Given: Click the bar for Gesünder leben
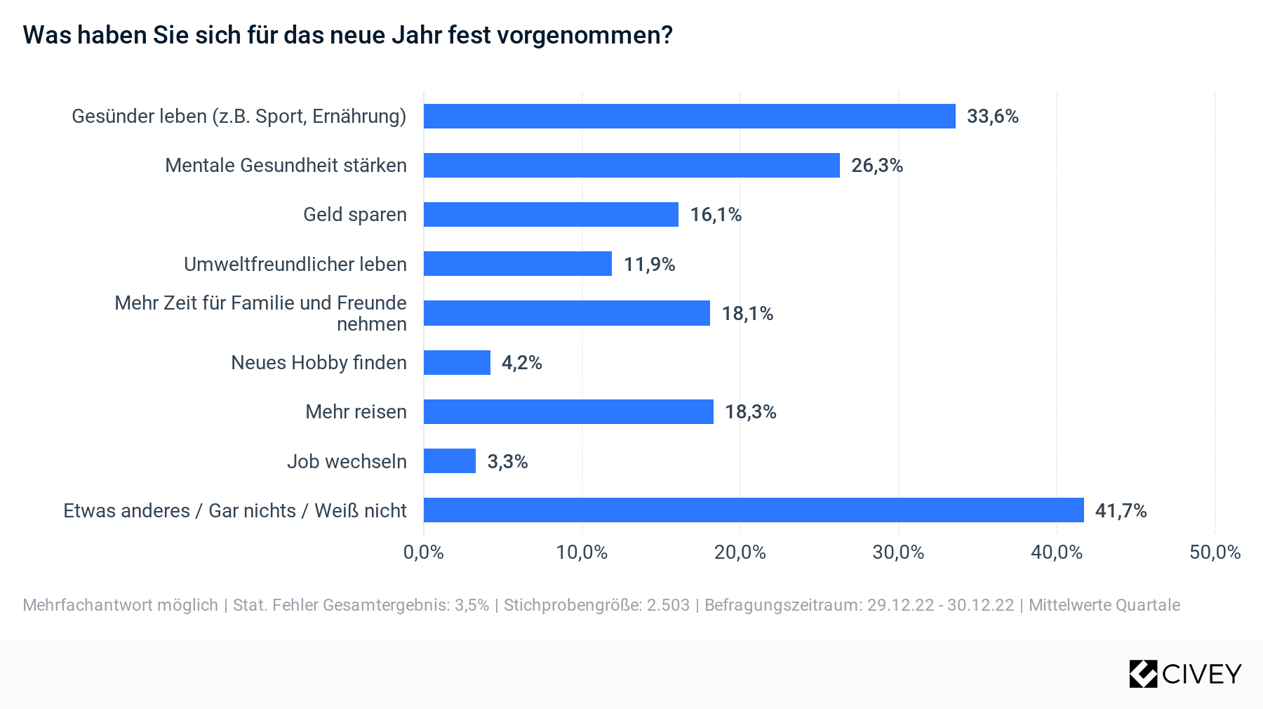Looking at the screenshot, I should (x=689, y=117).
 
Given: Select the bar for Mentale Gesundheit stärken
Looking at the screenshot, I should (x=631, y=166).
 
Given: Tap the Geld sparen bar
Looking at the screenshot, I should (x=551, y=215).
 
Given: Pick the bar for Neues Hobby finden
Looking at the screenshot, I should (x=457, y=363).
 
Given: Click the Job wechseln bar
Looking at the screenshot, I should (x=450, y=461).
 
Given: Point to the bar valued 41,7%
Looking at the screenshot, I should (x=754, y=510).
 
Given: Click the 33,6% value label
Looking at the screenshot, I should (x=992, y=117).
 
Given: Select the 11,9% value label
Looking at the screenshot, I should (x=649, y=265).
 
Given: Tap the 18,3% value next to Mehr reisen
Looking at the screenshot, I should (x=750, y=412).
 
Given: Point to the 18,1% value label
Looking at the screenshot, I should (x=747, y=314).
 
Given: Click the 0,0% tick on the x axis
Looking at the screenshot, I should (x=424, y=552).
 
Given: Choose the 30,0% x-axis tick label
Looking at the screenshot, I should (x=898, y=552).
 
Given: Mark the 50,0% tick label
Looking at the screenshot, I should (x=1215, y=552).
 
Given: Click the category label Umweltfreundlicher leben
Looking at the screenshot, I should (x=295, y=265).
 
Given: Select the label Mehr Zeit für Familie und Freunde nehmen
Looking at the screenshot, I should (x=261, y=313).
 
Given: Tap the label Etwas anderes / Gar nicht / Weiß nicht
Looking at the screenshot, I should (x=235, y=510).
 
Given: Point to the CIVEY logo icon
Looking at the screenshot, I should (x=1143, y=674).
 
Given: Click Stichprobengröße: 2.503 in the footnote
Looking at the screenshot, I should (x=596, y=605).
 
